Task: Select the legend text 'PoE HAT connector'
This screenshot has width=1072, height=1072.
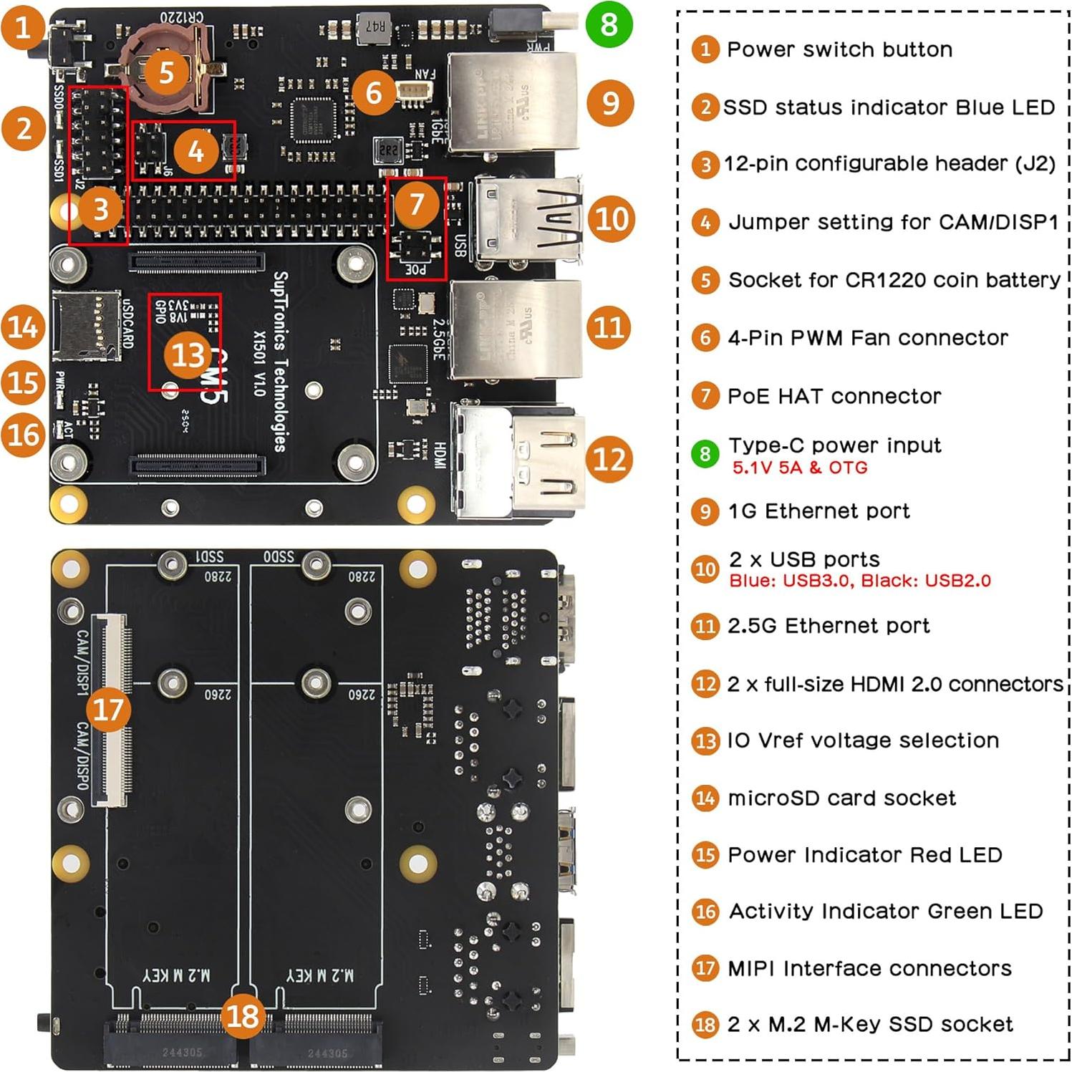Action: pos(834,396)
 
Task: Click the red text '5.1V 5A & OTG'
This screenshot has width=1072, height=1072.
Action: pos(799,468)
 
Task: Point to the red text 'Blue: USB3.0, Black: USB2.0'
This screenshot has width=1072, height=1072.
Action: pos(859,581)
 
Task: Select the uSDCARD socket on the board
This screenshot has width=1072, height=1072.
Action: pos(86,326)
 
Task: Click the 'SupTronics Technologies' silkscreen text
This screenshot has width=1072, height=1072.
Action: pos(281,362)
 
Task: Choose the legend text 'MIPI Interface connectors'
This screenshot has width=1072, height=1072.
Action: pos(869,968)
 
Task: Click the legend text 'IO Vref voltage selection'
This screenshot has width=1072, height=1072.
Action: pos(863,740)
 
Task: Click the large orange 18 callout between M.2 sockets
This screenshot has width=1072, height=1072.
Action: pos(242,1015)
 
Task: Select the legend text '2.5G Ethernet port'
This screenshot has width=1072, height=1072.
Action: pos(829,626)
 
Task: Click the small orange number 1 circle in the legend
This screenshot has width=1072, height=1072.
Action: pos(705,49)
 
